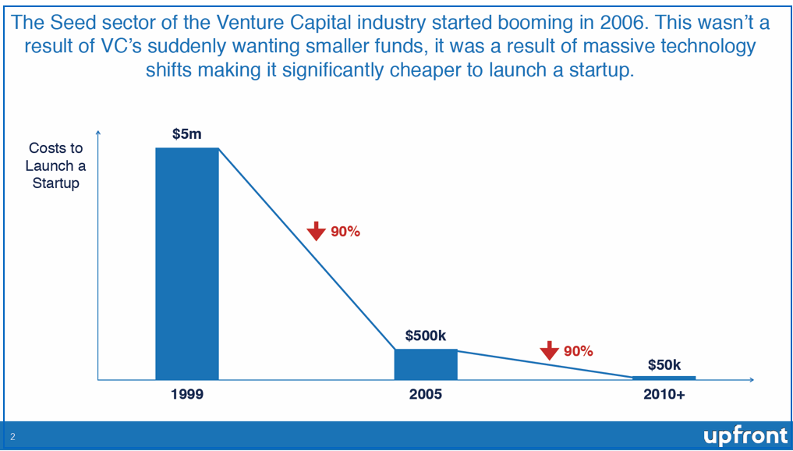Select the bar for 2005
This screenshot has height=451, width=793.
click(x=426, y=364)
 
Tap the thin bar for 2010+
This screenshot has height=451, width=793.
click(x=664, y=378)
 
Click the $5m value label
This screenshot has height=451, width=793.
click(x=187, y=134)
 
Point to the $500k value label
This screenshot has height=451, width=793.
click(x=426, y=336)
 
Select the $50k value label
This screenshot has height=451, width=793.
click(x=664, y=364)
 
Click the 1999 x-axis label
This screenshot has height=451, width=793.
click(x=187, y=395)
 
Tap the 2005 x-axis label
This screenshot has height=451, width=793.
click(x=426, y=395)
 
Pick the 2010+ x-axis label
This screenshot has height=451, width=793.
click(x=664, y=395)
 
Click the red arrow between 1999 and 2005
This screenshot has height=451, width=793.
click(x=316, y=231)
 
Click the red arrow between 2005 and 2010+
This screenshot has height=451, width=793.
click(x=550, y=351)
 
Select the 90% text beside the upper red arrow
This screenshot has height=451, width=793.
click(x=345, y=232)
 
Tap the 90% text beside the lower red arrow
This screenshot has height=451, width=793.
click(x=579, y=351)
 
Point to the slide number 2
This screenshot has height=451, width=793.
click(x=12, y=437)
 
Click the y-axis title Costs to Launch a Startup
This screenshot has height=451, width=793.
click(x=55, y=165)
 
